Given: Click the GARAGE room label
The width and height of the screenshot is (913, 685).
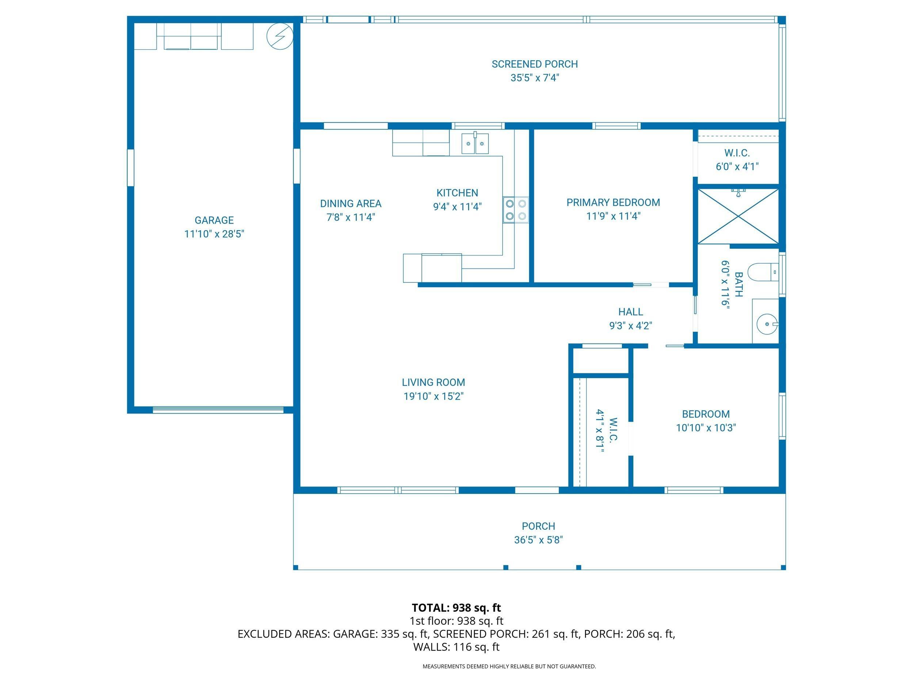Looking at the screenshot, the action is (x=214, y=220).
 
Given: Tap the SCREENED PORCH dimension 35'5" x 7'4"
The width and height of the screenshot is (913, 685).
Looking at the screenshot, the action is (x=535, y=77).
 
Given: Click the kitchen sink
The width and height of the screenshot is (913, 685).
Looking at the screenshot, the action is (x=475, y=143).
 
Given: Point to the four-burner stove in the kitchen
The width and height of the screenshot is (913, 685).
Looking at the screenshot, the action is (x=516, y=210).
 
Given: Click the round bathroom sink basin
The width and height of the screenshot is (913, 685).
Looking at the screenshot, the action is (x=767, y=324).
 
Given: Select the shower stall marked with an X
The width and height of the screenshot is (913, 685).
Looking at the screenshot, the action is (x=738, y=216).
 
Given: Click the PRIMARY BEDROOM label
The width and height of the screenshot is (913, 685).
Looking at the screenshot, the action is (x=613, y=202).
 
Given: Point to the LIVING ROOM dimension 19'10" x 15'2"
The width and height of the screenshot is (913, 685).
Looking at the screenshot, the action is (x=433, y=396).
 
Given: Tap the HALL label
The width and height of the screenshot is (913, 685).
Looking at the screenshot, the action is (x=631, y=312).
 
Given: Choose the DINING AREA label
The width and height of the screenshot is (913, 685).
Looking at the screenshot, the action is (x=351, y=203).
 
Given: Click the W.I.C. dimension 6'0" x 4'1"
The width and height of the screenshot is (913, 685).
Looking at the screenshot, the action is (x=737, y=166).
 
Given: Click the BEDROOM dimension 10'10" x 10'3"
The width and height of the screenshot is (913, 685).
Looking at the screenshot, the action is (x=706, y=427).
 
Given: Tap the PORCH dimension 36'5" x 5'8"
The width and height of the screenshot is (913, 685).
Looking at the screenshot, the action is (x=538, y=540).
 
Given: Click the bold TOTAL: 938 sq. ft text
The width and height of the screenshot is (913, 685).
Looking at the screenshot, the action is (x=456, y=608).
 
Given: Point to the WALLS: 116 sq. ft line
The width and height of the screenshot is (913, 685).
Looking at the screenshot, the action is (x=457, y=647).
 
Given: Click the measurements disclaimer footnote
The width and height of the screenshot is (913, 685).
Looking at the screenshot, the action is (x=509, y=666).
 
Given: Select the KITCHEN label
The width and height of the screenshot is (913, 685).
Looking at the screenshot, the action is (x=457, y=193).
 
